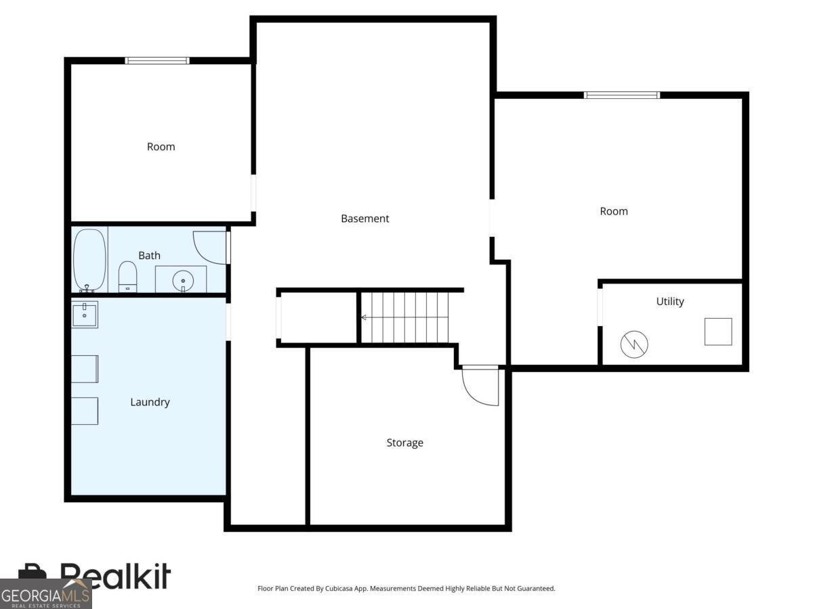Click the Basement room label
click(364, 219)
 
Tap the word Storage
click(404, 443)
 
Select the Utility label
click(669, 302)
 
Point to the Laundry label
click(150, 403)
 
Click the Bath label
click(149, 256)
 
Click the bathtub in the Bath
click(89, 260)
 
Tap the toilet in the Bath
click(127, 277)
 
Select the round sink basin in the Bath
click(183, 281)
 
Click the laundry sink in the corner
click(85, 315)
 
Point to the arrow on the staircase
click(404, 317)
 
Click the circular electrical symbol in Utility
click(634, 344)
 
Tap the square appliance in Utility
click(718, 332)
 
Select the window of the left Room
click(157, 61)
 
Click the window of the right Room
click(622, 95)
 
